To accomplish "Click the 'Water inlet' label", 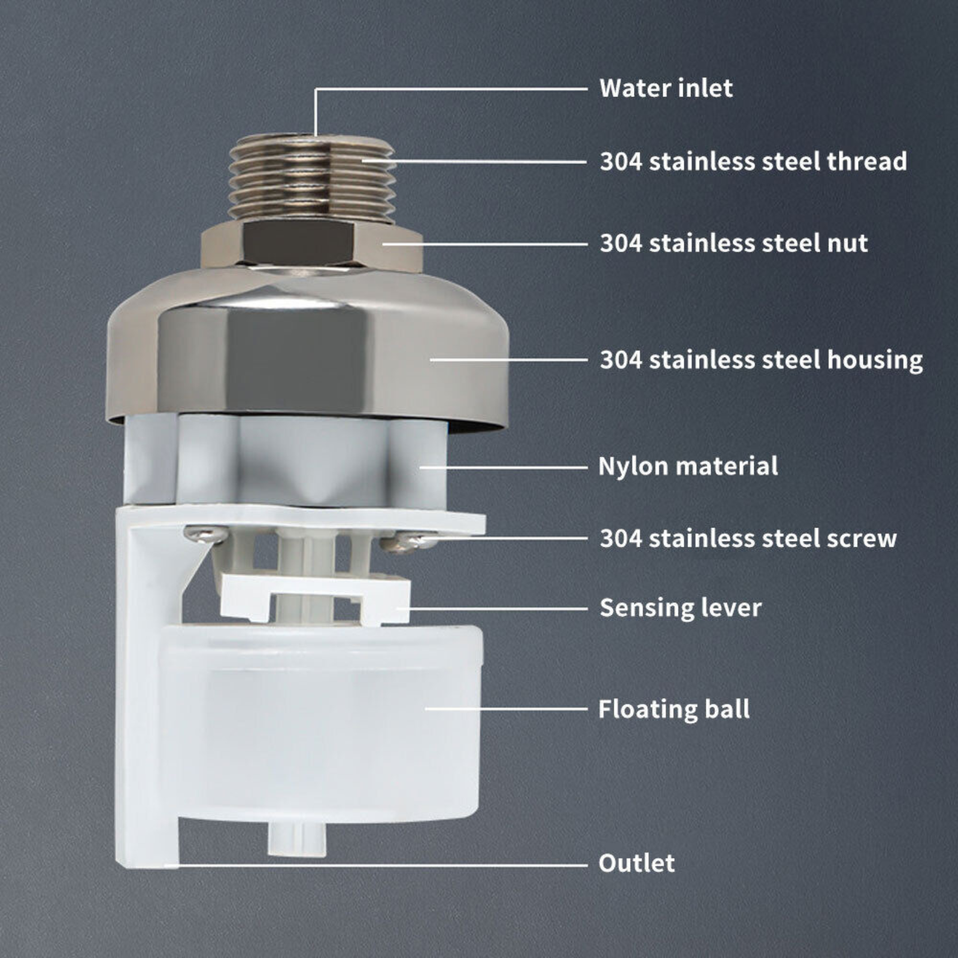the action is [666, 89].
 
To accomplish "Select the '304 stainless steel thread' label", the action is [753, 162].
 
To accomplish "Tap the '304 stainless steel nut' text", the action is [733, 244].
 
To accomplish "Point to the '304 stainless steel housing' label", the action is [761, 360].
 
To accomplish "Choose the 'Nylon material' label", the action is [688, 466].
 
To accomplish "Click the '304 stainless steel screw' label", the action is [748, 538].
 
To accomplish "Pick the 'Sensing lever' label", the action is [681, 608].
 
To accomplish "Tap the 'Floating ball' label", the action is [674, 710].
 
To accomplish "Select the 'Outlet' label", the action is [636, 863].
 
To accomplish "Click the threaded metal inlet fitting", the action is [312, 178].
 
